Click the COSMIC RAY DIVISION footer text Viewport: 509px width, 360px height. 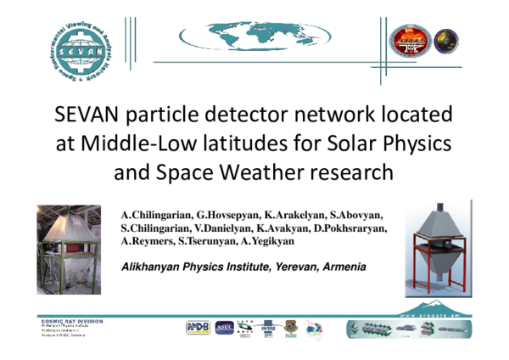71,321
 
